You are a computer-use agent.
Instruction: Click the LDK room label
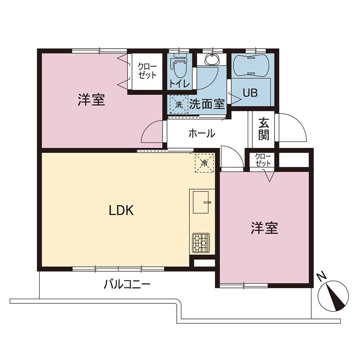[x=121, y=210]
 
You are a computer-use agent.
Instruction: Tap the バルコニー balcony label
[x=127, y=285]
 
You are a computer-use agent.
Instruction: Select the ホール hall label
[x=202, y=133]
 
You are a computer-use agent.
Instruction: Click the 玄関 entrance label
[x=264, y=129]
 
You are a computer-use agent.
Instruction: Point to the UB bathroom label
[x=250, y=93]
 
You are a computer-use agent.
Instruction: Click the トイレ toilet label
[x=180, y=84]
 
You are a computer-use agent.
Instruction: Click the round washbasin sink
[x=213, y=60]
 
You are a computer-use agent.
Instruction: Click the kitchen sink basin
[x=201, y=202]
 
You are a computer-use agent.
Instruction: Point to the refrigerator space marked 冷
[x=204, y=163]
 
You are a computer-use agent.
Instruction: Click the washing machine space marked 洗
[x=179, y=105]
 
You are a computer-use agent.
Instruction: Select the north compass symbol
[x=333, y=296]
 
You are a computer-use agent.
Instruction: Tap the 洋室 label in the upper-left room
[x=91, y=100]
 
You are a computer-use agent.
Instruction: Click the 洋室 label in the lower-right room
[x=265, y=228]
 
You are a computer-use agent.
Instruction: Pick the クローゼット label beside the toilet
[x=147, y=71]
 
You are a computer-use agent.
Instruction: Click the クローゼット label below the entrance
[x=263, y=160]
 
